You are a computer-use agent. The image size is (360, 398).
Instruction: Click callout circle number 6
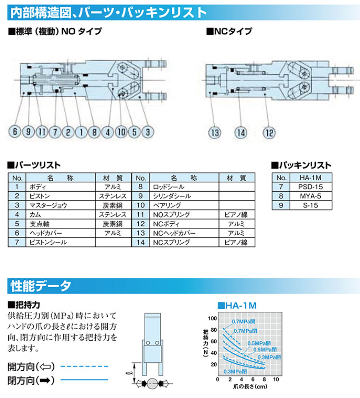[x=15, y=133]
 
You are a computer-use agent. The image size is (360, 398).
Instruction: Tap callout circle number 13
[x=214, y=133]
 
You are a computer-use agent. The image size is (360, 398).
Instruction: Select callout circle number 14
[x=241, y=133]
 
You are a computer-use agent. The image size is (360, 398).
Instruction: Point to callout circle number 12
[x=269, y=133]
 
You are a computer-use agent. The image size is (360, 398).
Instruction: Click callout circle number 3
[x=148, y=133]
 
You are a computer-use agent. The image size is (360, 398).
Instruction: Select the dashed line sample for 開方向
[x=84, y=366]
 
